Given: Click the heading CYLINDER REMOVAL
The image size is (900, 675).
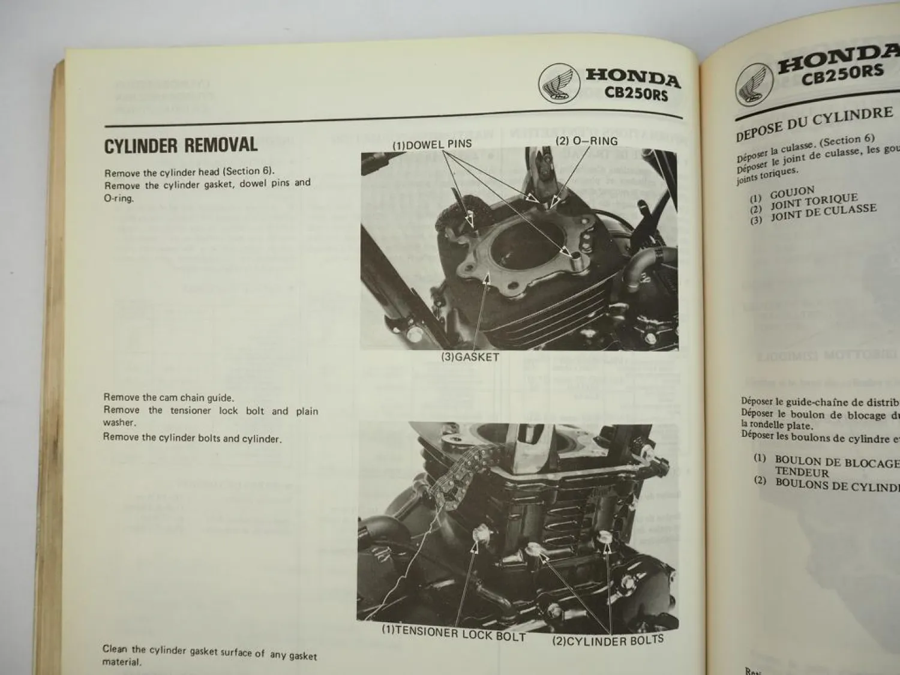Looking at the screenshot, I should (x=181, y=145).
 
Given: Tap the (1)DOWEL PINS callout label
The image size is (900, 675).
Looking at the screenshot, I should (x=432, y=145).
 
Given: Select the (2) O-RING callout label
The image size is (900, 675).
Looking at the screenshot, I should (x=586, y=142).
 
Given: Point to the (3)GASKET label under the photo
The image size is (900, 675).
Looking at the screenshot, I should (x=470, y=357).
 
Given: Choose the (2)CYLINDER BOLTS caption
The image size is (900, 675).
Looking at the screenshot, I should (x=608, y=640).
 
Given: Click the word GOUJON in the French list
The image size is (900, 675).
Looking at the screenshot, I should (x=792, y=193).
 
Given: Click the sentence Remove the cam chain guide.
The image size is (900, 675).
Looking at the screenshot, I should (x=169, y=397).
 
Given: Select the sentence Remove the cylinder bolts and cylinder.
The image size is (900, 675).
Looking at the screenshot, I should (x=191, y=437).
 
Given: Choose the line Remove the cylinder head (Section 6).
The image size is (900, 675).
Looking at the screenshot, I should (x=189, y=172).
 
